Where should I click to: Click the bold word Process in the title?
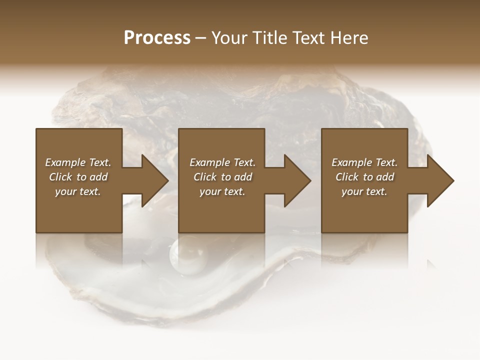[x=157, y=38]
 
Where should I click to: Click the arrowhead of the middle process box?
[x=297, y=180]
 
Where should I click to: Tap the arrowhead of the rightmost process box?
[x=440, y=180]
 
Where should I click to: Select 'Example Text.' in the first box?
[x=78, y=162]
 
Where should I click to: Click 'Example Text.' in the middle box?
[x=222, y=162]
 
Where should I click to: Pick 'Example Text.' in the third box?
[x=364, y=162]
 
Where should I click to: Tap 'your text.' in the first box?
[x=78, y=191]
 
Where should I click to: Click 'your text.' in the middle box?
[x=222, y=191]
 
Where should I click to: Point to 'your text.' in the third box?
[x=364, y=191]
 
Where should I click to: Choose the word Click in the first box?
[x=60, y=177]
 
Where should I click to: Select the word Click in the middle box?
[x=205, y=177]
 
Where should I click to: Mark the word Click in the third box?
[x=347, y=177]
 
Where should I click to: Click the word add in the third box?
[x=384, y=177]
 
